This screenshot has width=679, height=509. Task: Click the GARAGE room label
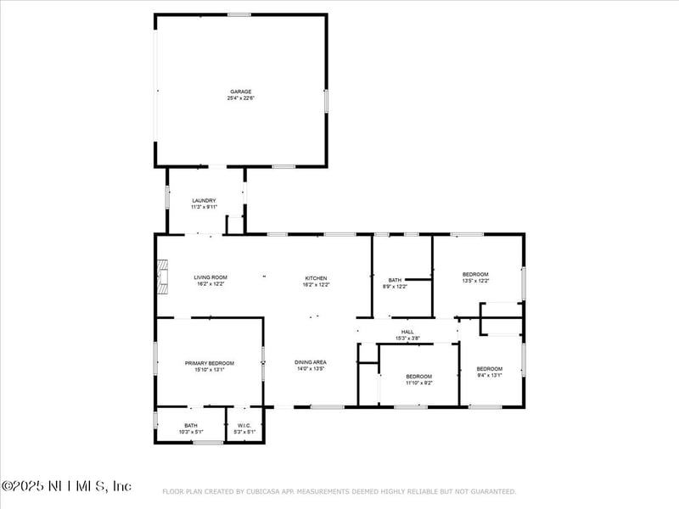pyautogui.click(x=240, y=92)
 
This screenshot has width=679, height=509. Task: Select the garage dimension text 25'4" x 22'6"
pyautogui.click(x=240, y=98)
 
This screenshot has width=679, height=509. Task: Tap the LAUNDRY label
pyautogui.click(x=204, y=200)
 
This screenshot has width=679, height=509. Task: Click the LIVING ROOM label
pyautogui.click(x=210, y=277)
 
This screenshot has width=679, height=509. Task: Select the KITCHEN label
pyautogui.click(x=316, y=278)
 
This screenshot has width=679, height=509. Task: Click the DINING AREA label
pyautogui.click(x=311, y=362)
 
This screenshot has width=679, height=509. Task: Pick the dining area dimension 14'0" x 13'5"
pyautogui.click(x=311, y=369)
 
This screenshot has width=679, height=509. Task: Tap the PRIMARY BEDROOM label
pyautogui.click(x=210, y=363)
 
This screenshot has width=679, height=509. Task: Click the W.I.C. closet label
pyautogui.click(x=244, y=426)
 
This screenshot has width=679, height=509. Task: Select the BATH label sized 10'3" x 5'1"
pyautogui.click(x=191, y=426)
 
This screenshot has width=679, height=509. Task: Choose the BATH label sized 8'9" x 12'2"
pyautogui.click(x=395, y=280)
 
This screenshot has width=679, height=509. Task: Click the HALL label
pyautogui.click(x=407, y=333)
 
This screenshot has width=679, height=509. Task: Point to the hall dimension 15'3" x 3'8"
pyautogui.click(x=407, y=339)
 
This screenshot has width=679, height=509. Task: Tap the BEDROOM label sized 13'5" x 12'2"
pyautogui.click(x=475, y=274)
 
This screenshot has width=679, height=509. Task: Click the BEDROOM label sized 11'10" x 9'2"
pyautogui.click(x=418, y=376)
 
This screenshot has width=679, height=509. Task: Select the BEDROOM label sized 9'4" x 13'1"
pyautogui.click(x=490, y=368)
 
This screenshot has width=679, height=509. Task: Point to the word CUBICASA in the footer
pyautogui.click(x=268, y=491)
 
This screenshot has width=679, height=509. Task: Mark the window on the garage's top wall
pyautogui.click(x=238, y=14)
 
